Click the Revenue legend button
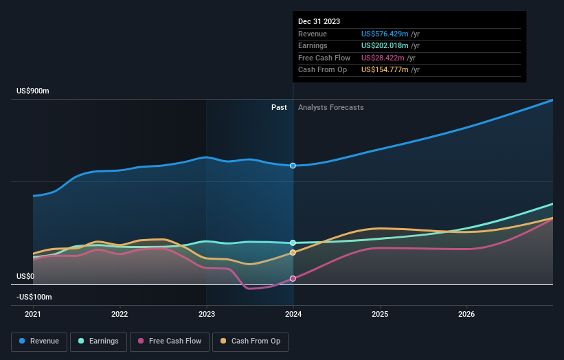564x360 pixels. coord(39,341)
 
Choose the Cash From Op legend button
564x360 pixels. coord(251,341)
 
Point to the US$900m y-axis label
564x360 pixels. coord(33,91)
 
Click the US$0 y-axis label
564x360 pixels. coord(25,276)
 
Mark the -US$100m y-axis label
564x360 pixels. coord(34,297)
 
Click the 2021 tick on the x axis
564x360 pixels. coord(33,315)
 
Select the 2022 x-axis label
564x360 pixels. coord(120,315)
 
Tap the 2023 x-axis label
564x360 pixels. coord(207,315)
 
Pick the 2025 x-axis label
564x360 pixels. coord(380,315)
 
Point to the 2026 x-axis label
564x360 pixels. coord(466,315)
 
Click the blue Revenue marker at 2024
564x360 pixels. coord(293,166)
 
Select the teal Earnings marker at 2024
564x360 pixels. coord(293,243)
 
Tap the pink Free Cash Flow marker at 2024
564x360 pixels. coord(293,278)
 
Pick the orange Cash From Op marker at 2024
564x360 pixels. coord(293,252)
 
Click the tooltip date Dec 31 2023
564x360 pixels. coord(319,22)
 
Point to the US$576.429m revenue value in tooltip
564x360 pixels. coord(385,34)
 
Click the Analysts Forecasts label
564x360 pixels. coord(330,107)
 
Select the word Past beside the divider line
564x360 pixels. coord(279,107)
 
